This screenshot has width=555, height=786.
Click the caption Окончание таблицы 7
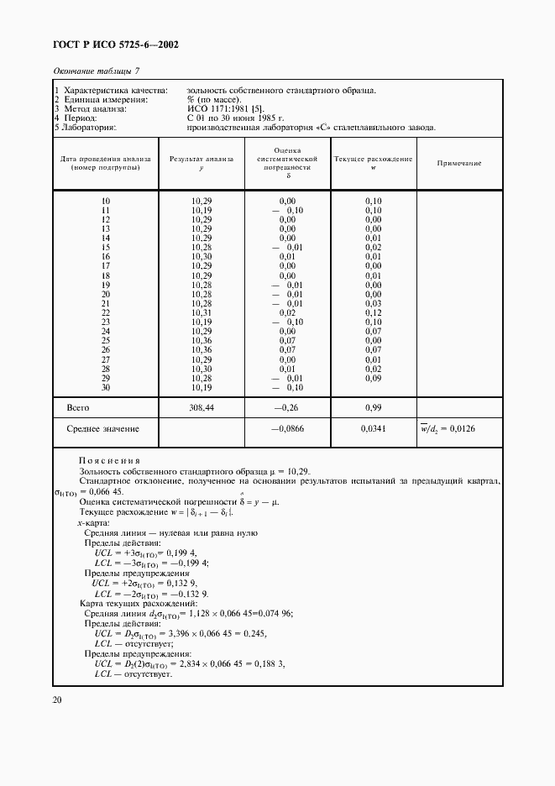pos(96,70)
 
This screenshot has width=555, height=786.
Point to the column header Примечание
pos(459,163)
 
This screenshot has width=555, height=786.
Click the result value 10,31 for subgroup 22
pos(202,312)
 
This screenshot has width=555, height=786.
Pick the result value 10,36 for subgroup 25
pos(202,340)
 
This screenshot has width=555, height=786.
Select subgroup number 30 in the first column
pos(106,386)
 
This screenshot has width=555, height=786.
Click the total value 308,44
pos(202,407)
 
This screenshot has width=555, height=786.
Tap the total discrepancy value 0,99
pos(373,407)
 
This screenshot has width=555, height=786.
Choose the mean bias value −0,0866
pos(286,429)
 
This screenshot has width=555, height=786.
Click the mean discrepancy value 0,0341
pos(373,429)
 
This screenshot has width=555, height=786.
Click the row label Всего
pos(78,407)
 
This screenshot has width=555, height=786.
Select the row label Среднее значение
pos(102,429)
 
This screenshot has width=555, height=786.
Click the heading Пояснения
pos(109,461)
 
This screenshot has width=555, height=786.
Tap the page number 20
pos(57,700)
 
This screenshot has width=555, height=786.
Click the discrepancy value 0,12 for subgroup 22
pos(373,312)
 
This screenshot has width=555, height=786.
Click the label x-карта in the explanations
pos(91,522)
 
